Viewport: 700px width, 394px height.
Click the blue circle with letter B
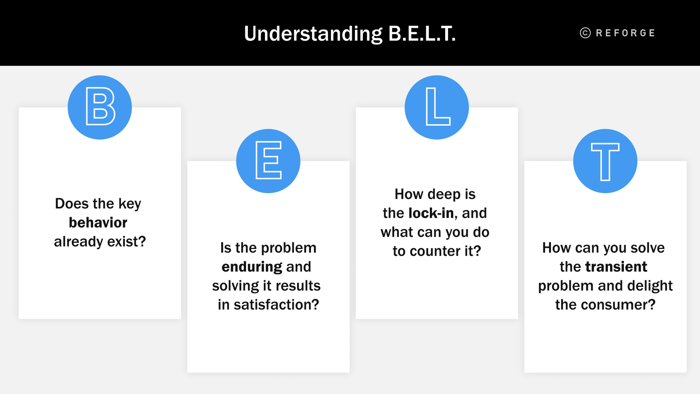[100, 107]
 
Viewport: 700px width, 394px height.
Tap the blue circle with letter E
[268, 161]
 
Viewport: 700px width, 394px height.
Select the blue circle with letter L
[437, 107]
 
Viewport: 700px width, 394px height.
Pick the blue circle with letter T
[605, 161]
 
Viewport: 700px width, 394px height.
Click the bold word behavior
[98, 222]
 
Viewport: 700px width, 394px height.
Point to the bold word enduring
[252, 267]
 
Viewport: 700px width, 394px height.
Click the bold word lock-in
[431, 213]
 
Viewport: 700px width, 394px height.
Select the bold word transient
[616, 267]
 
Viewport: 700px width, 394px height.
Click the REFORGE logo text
[625, 33]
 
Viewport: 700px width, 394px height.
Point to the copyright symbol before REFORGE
[585, 33]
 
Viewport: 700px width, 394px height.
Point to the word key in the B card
[130, 204]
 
